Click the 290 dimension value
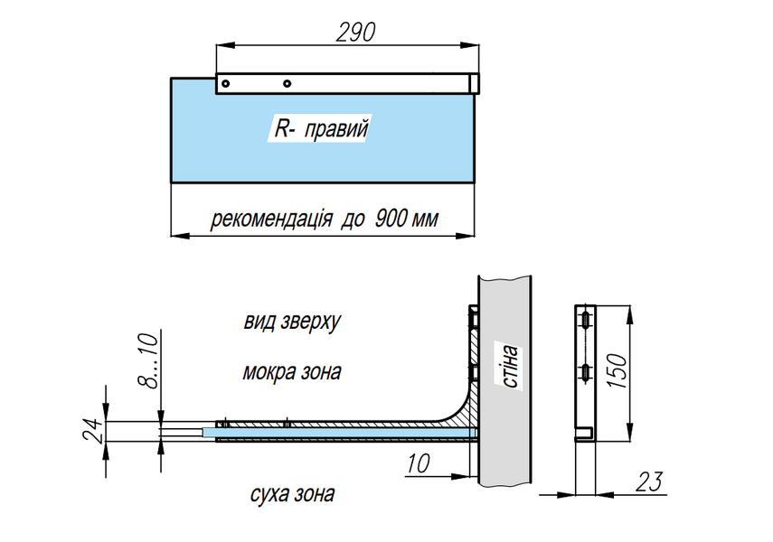[x=355, y=32]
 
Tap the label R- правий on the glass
[x=321, y=129]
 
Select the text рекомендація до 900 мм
[x=325, y=219]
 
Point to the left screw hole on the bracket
[x=225, y=83]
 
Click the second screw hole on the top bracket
[x=287, y=83]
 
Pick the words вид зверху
[x=292, y=322]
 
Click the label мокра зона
[x=292, y=372]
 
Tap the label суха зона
[x=292, y=494]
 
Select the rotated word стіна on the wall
[x=509, y=366]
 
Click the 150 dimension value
[x=617, y=370]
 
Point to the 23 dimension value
[x=649, y=481]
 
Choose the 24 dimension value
[x=94, y=430]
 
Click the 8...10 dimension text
[x=149, y=360]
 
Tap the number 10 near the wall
[x=418, y=463]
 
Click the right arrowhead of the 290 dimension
[x=470, y=45]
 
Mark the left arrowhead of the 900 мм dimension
[x=180, y=236]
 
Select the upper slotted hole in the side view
[x=585, y=321]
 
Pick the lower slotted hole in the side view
[x=585, y=373]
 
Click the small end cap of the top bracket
[x=474, y=83]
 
